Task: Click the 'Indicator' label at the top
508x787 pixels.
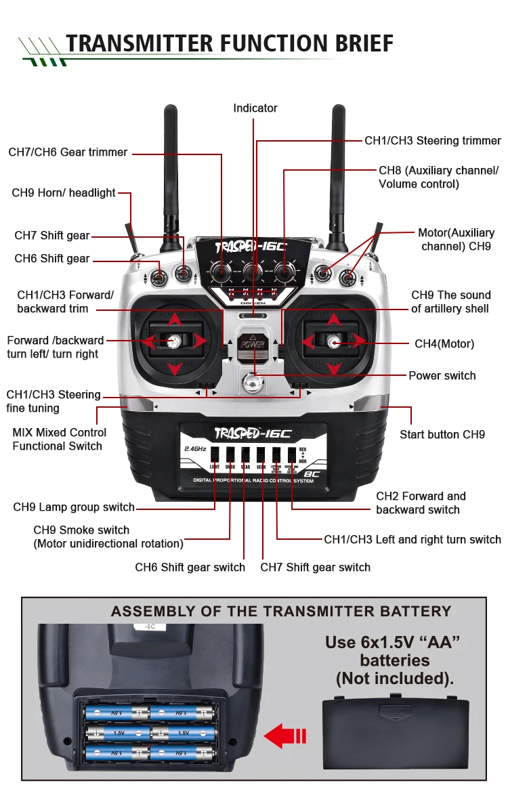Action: tap(255, 108)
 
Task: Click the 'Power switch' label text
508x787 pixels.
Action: tap(442, 376)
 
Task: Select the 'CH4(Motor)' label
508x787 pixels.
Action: tap(444, 344)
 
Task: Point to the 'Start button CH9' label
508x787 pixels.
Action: tap(442, 435)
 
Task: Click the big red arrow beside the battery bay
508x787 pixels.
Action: tap(284, 736)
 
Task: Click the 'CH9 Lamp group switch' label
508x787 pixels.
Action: tap(74, 507)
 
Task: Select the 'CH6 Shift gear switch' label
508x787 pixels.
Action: tap(190, 567)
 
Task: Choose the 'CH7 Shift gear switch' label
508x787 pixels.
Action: tap(315, 567)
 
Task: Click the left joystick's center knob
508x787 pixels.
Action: tap(174, 341)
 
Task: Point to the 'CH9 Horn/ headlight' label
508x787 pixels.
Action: tap(64, 193)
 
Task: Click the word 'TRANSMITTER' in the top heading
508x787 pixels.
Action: tap(139, 43)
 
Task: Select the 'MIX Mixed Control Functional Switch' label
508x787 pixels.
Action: tap(59, 440)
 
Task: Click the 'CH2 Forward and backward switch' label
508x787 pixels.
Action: tap(421, 503)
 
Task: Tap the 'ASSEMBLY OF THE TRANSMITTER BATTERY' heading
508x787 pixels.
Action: tap(280, 612)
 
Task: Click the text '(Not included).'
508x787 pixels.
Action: tap(395, 678)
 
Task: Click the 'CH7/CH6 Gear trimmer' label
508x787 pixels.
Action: tap(68, 152)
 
